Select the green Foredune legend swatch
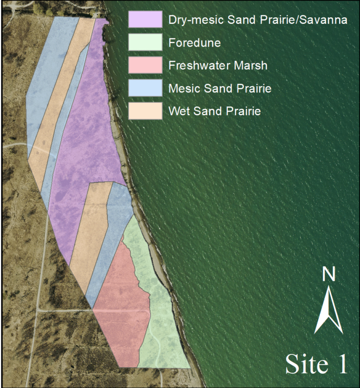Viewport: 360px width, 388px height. tap(145, 42)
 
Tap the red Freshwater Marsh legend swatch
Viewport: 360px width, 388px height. tap(145, 65)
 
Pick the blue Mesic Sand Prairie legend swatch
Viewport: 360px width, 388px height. tap(145, 88)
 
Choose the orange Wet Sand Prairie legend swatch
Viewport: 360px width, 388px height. tap(145, 111)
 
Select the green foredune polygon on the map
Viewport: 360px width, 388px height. tap(163, 326)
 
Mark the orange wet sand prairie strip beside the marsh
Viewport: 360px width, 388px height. tap(91, 232)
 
